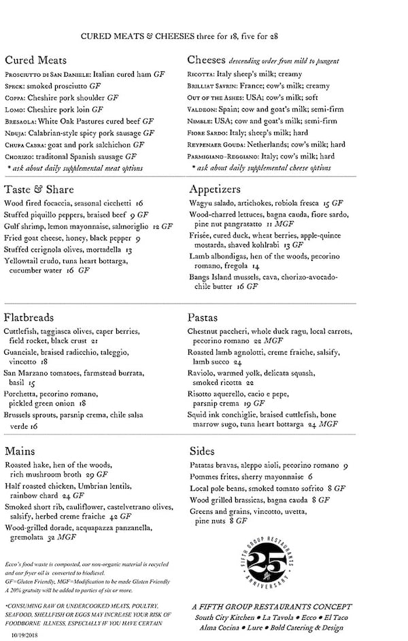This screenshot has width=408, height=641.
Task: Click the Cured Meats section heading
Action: coord(35,60)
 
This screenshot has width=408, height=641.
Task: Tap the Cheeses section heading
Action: coord(206,60)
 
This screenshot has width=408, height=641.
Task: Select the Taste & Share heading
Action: coord(39,189)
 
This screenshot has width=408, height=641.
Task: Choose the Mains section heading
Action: coord(20,451)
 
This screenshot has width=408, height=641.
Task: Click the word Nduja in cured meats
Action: coord(16,133)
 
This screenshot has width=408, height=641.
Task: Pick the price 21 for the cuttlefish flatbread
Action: coord(95,341)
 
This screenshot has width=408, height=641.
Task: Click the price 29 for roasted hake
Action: coord(90,474)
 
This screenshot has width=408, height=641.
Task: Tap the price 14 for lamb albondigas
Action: coord(257,266)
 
